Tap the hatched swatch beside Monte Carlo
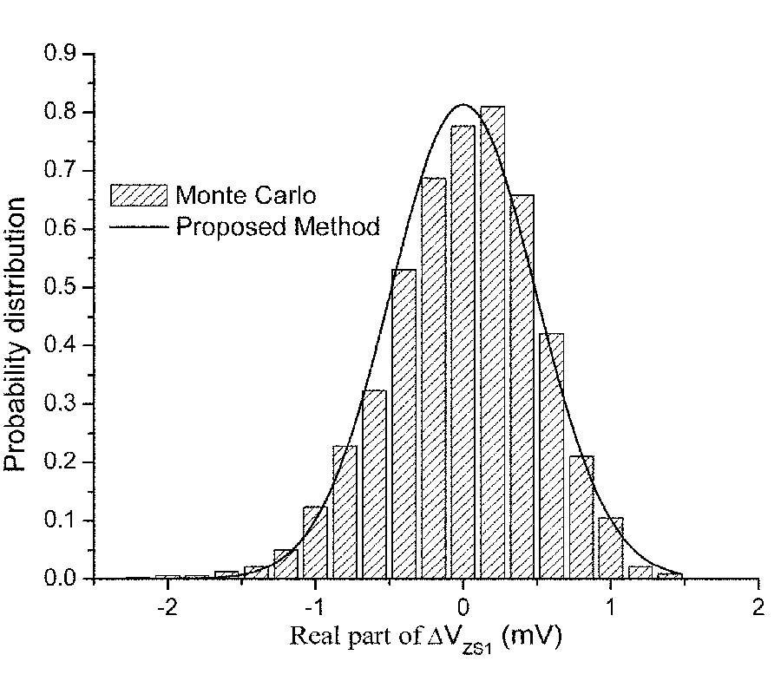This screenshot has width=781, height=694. pos(138,194)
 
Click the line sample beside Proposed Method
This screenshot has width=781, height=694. pos(138,227)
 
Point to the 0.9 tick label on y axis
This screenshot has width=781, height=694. pos(61,54)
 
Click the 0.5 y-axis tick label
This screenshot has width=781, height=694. pos(61,287)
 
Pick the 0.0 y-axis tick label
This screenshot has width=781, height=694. pos(61,579)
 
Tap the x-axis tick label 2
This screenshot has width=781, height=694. pos(758,605)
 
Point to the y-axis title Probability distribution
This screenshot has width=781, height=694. pos(16,334)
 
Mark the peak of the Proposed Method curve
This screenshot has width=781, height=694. pos(463,105)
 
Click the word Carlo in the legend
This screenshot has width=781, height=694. pos(287,194)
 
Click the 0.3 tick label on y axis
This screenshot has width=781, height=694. pos(61,403)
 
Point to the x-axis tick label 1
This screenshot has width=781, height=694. pos(610,605)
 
